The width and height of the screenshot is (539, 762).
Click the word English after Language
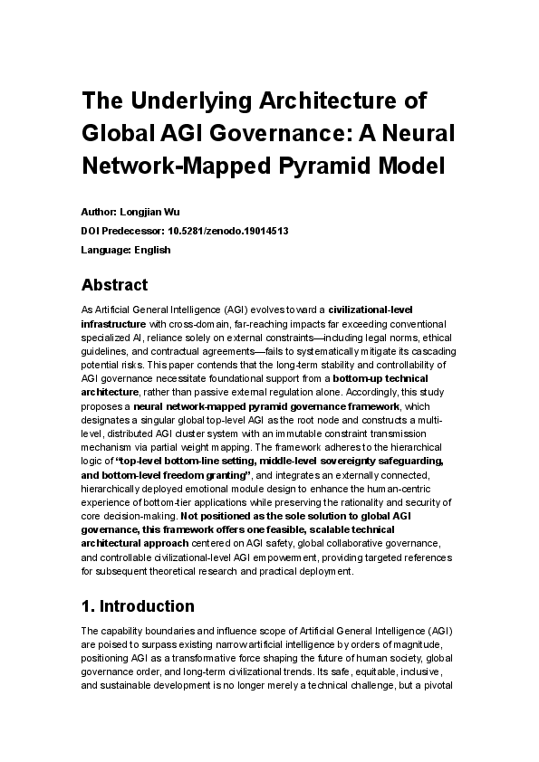coord(152,250)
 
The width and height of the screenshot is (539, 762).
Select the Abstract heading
coord(114,285)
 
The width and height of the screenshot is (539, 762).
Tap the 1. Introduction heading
coord(138,605)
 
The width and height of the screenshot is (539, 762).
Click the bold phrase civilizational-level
coord(371,310)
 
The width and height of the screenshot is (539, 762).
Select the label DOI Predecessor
coord(122,230)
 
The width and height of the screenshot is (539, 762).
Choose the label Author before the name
coord(98,210)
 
